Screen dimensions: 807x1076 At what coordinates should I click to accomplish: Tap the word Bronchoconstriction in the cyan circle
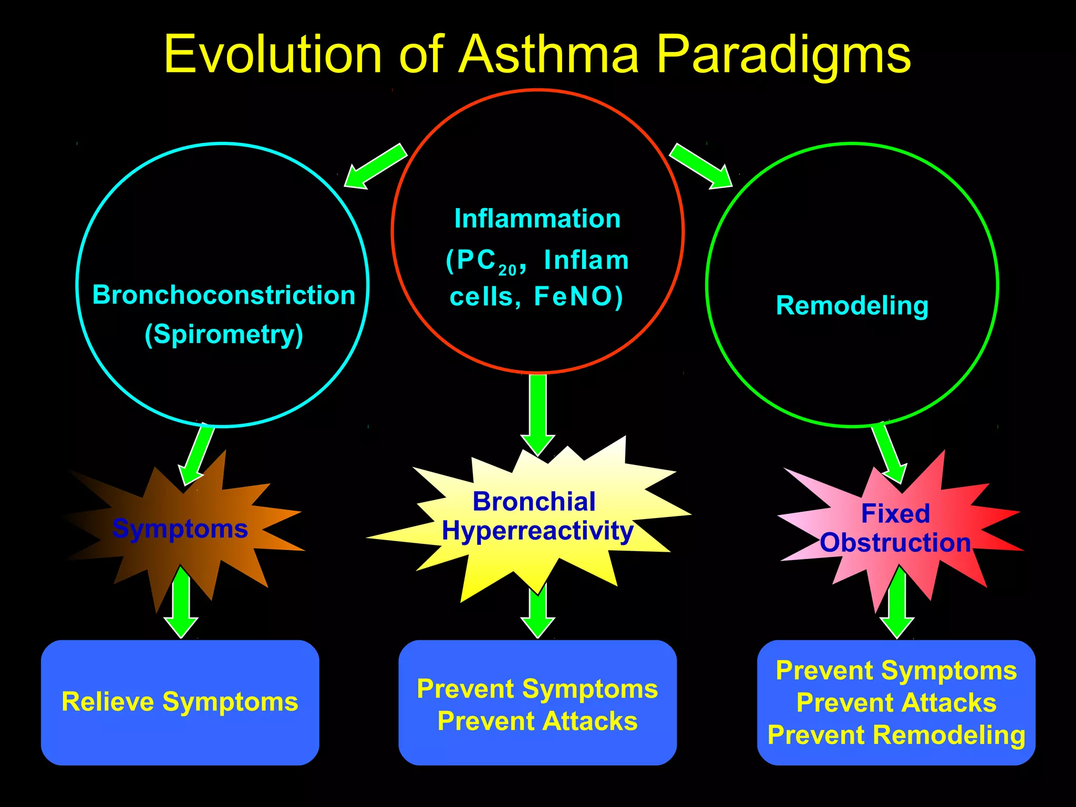click(x=224, y=295)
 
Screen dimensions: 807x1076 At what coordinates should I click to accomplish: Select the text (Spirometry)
click(x=224, y=335)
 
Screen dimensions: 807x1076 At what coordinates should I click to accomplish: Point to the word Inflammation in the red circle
click(x=537, y=219)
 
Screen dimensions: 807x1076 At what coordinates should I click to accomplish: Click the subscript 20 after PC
click(x=508, y=271)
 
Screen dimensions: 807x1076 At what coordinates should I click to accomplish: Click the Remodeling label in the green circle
click(x=852, y=305)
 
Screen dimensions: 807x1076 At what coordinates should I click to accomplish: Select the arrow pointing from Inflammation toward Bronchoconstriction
click(x=374, y=167)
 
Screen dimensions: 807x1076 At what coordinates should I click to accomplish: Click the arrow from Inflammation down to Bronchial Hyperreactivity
click(x=537, y=412)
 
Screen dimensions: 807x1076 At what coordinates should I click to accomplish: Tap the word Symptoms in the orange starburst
click(x=180, y=528)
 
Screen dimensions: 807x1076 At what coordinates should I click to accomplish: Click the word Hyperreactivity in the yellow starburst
click(x=537, y=531)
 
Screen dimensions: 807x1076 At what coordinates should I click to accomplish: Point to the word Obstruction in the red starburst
click(x=895, y=543)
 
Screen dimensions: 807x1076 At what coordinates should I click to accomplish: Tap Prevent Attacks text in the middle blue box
click(x=537, y=721)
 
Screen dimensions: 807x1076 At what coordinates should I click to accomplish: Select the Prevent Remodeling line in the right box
click(x=896, y=734)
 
